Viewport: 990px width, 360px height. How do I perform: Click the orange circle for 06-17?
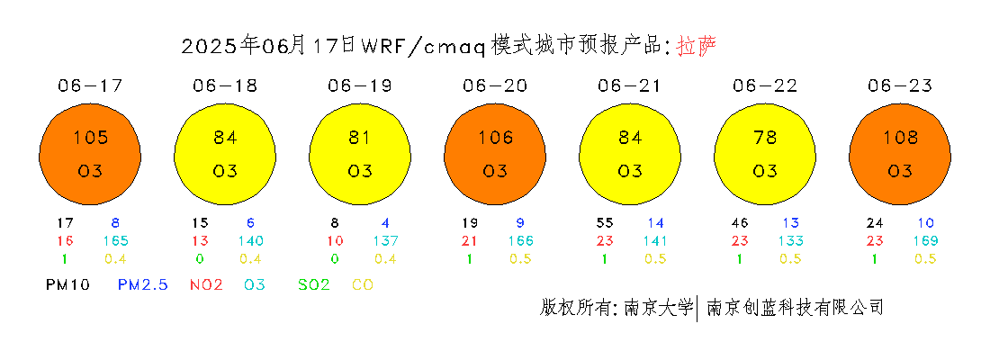90,154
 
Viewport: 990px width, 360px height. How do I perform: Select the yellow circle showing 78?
765,154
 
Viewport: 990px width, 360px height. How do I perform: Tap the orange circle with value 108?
900,154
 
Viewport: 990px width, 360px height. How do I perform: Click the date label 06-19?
360,85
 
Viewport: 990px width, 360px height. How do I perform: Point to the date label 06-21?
630,85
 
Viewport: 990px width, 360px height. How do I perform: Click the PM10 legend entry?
68,284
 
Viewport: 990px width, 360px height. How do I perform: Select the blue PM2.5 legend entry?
143,284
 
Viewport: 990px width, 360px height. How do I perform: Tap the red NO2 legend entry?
206,284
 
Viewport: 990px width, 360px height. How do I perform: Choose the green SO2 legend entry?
313,284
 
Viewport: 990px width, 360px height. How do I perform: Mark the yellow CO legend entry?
363,284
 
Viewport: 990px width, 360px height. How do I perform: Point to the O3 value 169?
926,240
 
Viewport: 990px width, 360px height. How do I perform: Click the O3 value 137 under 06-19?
386,240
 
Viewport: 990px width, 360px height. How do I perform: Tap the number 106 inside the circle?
495,137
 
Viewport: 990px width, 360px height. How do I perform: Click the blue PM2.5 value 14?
656,223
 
